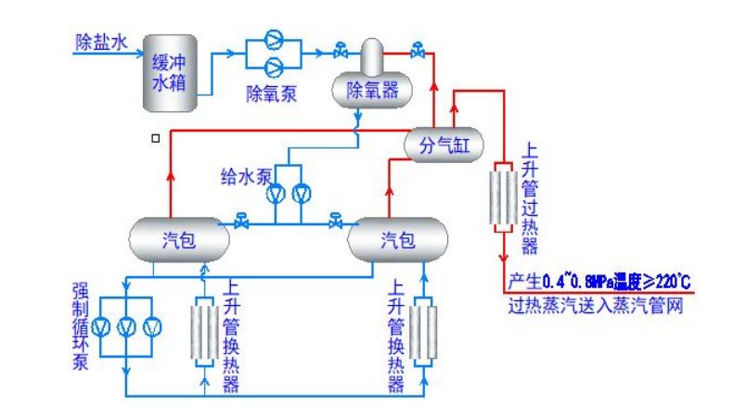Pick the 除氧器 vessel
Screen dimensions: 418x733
(371, 89)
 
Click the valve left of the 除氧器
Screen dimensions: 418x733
(341, 49)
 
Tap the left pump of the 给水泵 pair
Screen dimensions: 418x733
(276, 195)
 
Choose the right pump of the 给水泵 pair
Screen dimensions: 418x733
(300, 195)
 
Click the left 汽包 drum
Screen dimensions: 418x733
(178, 240)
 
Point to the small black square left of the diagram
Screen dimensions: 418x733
(155, 139)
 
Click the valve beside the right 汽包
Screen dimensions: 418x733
(335, 222)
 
